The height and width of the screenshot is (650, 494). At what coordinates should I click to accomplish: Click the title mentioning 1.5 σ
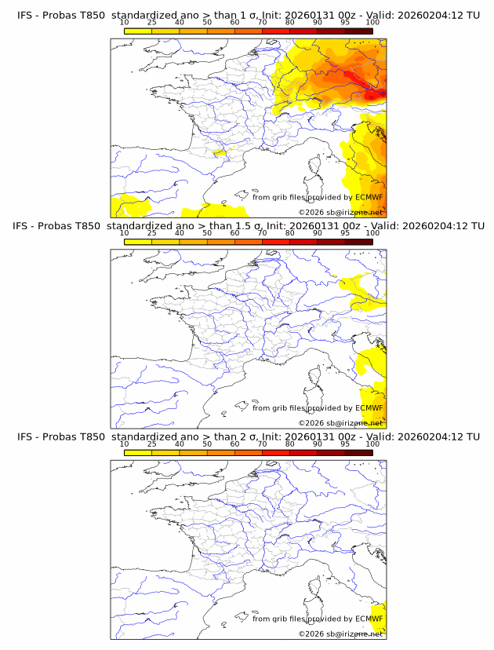[x=248, y=225]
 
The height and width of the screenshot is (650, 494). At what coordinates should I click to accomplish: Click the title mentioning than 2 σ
[x=248, y=436]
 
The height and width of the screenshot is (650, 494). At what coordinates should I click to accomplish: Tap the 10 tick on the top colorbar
[x=124, y=22]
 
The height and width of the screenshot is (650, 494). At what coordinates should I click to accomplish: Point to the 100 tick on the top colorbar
[x=372, y=22]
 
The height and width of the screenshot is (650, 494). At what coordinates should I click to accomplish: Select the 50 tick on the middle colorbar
[x=207, y=233]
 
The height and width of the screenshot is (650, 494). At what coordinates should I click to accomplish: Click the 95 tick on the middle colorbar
[x=345, y=233]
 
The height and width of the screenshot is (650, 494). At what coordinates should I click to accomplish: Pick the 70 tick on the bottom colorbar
[x=262, y=444]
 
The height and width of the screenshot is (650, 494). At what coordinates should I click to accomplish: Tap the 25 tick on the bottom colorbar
[x=151, y=444]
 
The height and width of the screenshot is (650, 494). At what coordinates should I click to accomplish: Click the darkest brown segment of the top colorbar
[x=358, y=30]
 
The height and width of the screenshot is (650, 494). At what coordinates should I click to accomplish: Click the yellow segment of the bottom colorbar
[x=137, y=452]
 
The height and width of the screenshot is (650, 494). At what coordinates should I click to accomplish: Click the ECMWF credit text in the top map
[x=318, y=197]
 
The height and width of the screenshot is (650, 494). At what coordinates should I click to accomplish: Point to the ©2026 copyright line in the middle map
[x=340, y=422]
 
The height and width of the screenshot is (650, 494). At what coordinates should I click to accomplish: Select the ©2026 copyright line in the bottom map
[x=340, y=634]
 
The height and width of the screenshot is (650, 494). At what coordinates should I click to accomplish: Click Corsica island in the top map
[x=315, y=168]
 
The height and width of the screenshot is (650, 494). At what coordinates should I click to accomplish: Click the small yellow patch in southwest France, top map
[x=220, y=154]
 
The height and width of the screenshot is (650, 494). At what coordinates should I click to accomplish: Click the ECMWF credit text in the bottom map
[x=318, y=619]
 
